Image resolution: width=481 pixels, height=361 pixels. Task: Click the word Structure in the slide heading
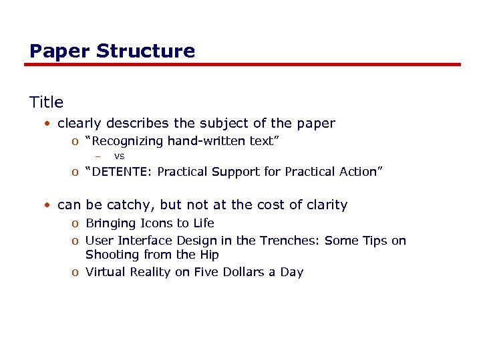click(x=146, y=51)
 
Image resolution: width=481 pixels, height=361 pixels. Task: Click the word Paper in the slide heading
click(x=60, y=51)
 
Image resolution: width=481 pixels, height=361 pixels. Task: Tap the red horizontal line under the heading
click(x=243, y=65)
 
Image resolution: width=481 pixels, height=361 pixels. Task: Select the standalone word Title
click(x=46, y=102)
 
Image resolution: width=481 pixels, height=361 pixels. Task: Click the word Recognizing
click(x=127, y=141)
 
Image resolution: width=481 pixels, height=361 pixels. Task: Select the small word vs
click(x=119, y=156)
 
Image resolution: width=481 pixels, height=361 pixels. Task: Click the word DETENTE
click(x=122, y=172)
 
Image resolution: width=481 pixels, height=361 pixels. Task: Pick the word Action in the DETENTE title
click(x=358, y=172)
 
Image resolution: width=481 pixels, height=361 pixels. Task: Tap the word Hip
click(x=208, y=255)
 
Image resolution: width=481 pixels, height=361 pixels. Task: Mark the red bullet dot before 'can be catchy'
click(x=49, y=205)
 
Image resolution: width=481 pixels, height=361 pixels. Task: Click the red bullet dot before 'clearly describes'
click(x=49, y=123)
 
